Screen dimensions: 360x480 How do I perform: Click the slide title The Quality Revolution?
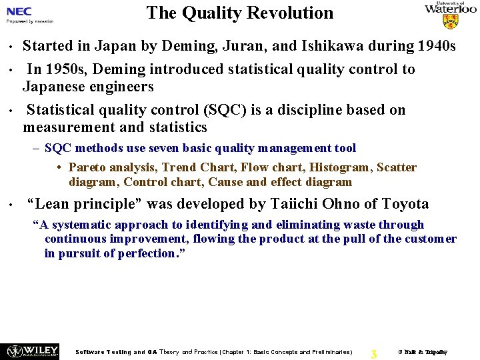coord(239,13)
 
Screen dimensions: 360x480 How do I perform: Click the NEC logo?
coord(19,11)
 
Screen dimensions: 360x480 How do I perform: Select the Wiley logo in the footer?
coord(31,351)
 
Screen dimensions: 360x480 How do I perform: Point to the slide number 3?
coord(373,354)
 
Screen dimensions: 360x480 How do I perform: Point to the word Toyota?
coord(404,204)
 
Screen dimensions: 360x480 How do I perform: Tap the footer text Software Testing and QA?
coord(117,352)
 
